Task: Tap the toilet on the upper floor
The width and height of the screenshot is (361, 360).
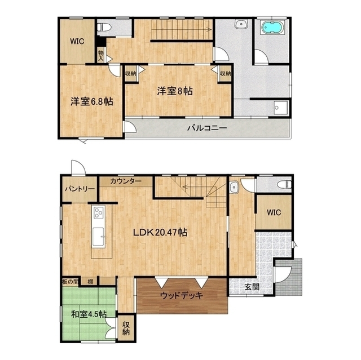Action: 104,28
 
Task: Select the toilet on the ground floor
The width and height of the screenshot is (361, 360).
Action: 284,184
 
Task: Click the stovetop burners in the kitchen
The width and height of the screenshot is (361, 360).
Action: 99,212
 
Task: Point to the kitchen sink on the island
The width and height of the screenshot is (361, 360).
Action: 99,237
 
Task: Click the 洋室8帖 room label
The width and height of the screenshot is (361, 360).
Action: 175,91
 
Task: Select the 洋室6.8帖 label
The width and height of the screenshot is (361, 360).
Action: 91,101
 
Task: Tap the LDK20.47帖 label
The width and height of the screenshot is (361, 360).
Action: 160,233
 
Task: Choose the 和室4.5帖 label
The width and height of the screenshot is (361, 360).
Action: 89,314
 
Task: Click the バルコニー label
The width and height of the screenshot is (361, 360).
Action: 207,128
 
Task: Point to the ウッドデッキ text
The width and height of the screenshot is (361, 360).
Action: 182,295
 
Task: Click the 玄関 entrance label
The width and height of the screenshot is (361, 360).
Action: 252,287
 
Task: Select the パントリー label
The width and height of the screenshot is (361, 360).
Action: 80,189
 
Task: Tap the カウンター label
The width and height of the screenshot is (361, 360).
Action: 125,181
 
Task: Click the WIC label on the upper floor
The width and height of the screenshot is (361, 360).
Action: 77,42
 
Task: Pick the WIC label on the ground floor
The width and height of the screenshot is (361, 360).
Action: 274,212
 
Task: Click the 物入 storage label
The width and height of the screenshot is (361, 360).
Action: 101,56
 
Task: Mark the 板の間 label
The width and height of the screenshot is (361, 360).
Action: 70,281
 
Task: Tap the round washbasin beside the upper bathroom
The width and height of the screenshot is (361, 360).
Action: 241,24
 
